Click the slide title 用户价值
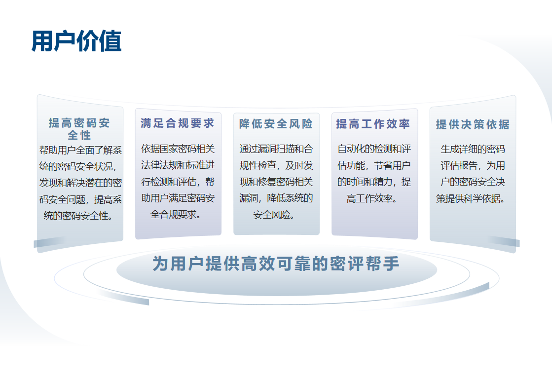point(76,41)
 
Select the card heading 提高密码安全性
point(79,129)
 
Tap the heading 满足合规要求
point(178,123)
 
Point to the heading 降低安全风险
point(276,123)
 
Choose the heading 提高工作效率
point(373,123)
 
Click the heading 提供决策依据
point(473,124)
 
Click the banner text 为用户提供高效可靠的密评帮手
point(276,264)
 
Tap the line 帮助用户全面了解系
point(80,151)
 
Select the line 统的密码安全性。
point(78,216)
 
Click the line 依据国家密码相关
point(178,149)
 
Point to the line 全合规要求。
point(176,214)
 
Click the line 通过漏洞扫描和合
point(276,149)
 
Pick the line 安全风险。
point(274,215)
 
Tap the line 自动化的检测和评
point(374,149)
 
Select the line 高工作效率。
point(372,198)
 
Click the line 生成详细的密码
point(473,149)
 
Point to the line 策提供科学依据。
point(471,198)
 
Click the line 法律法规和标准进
point(178,165)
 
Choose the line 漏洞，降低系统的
point(276,198)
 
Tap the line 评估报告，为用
point(473,165)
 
